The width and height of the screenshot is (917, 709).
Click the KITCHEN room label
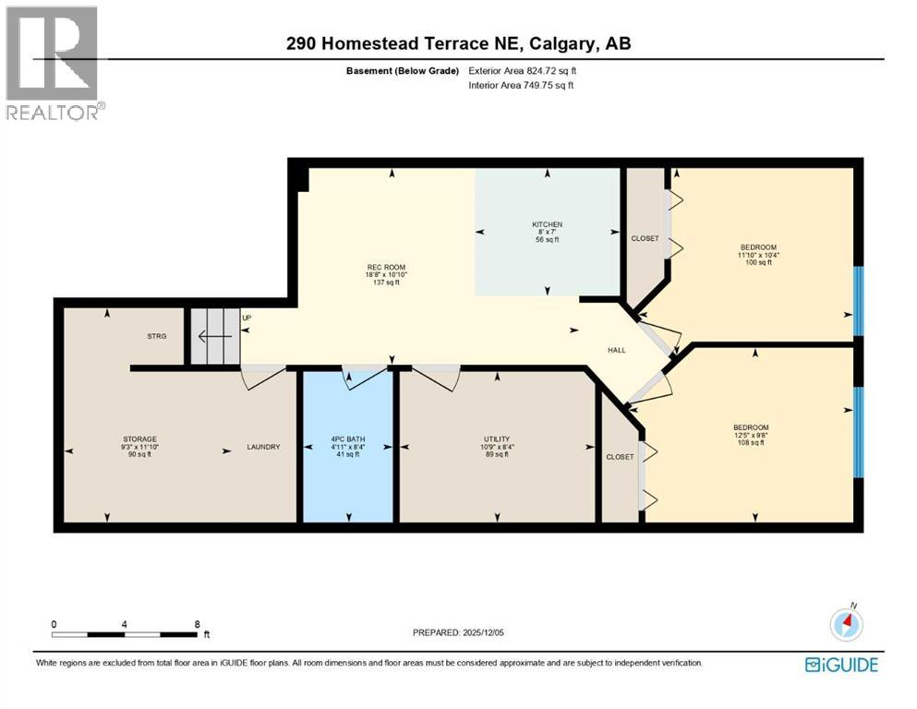pyautogui.click(x=547, y=224)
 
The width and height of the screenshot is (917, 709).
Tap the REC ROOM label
pyautogui.click(x=386, y=268)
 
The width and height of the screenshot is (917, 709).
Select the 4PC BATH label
pyautogui.click(x=347, y=439)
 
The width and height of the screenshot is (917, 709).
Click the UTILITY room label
pyautogui.click(x=497, y=439)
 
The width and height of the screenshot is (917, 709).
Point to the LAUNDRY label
pyautogui.click(x=263, y=447)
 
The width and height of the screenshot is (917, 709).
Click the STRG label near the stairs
pyautogui.click(x=156, y=336)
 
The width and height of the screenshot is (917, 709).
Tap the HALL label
pyautogui.click(x=617, y=351)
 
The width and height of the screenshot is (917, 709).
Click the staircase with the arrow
pyautogui.click(x=214, y=336)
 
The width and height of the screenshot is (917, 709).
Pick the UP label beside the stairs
pyautogui.click(x=247, y=318)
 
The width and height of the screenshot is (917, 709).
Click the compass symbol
pyautogui.click(x=846, y=624)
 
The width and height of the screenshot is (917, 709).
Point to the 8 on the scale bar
pyautogui.click(x=197, y=624)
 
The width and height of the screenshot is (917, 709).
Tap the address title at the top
pyautogui.click(x=458, y=43)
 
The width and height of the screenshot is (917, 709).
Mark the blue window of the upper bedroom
pyautogui.click(x=858, y=300)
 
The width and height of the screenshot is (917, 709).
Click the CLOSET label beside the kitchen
pyautogui.click(x=645, y=238)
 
